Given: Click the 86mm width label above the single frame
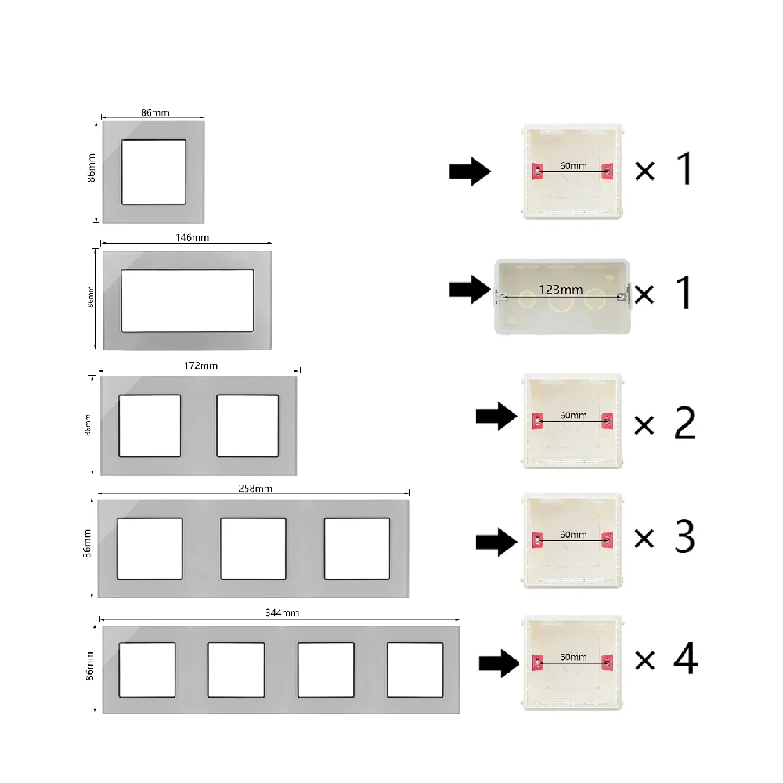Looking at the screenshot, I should point(154,113).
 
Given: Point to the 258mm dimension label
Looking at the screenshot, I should point(254,489).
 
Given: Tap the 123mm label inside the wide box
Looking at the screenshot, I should point(561,290).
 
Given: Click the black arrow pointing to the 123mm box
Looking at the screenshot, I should point(469,290).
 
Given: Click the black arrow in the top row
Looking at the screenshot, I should point(469,171).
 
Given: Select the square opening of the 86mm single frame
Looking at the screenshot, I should point(154,172).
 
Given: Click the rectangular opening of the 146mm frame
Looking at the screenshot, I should point(188,300).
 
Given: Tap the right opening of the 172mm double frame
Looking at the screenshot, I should point(247,425).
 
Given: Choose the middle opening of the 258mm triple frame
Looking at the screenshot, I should point(253,548).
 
